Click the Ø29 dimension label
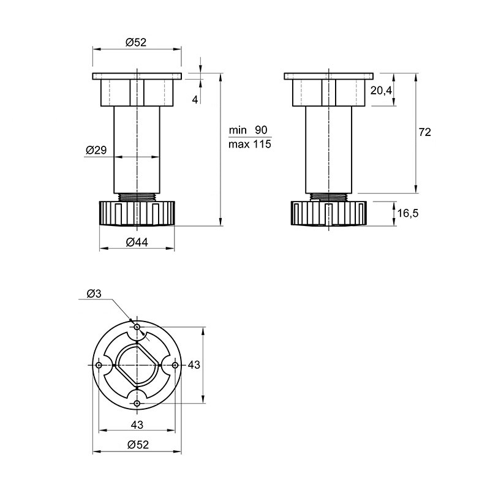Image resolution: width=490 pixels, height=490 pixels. coord(96,150)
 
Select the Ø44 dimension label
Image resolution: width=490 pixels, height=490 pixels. coord(137,242)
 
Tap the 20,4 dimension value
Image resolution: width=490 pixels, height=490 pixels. coord(381,91)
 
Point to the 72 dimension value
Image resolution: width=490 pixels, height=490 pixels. coord(424,132)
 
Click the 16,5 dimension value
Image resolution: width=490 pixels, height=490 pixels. coord(407,213)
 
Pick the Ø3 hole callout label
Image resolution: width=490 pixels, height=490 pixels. coord(94,294)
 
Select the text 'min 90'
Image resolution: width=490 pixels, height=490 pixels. coord(248,130)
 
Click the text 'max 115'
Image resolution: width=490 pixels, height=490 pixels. coord(250,144)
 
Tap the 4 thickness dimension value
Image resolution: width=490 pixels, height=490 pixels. coord(195,100)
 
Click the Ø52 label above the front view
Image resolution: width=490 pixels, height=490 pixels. coord(136,42)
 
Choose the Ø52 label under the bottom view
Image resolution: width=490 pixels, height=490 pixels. coord(138,445)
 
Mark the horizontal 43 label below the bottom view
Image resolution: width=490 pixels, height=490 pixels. coord(137,424)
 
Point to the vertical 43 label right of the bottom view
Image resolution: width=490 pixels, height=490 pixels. coord(194,364)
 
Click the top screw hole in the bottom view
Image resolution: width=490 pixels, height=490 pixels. coord(137,327)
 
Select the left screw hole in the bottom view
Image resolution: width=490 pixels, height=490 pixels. coord(99,365)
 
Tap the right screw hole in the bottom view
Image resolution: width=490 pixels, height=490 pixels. coord(175,365)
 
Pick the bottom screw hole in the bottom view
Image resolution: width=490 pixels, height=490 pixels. coord(137,403)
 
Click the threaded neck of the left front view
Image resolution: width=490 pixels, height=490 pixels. coord(137,197)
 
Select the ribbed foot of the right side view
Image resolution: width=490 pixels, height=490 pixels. coord(329,213)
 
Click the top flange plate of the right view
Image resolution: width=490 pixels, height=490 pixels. coord(329,76)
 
